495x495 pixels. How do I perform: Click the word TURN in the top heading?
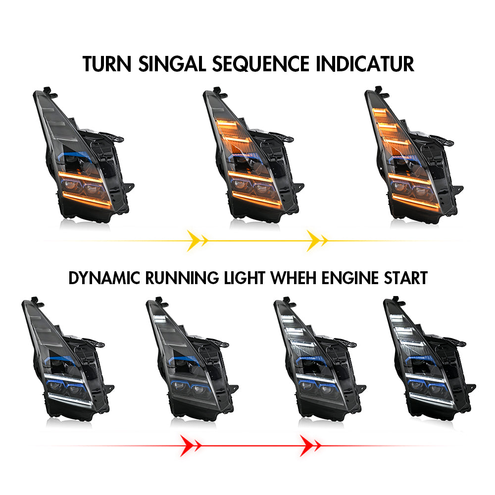(x=107, y=64)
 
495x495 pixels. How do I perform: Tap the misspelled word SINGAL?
(x=172, y=64)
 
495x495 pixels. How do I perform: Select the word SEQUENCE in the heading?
(x=261, y=64)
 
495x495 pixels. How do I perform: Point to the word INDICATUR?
(x=365, y=64)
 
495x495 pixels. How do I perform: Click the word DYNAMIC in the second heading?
(x=104, y=278)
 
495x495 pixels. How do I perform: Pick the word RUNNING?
(x=182, y=278)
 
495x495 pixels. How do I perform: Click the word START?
(x=406, y=278)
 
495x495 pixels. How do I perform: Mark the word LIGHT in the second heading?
(x=245, y=278)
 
